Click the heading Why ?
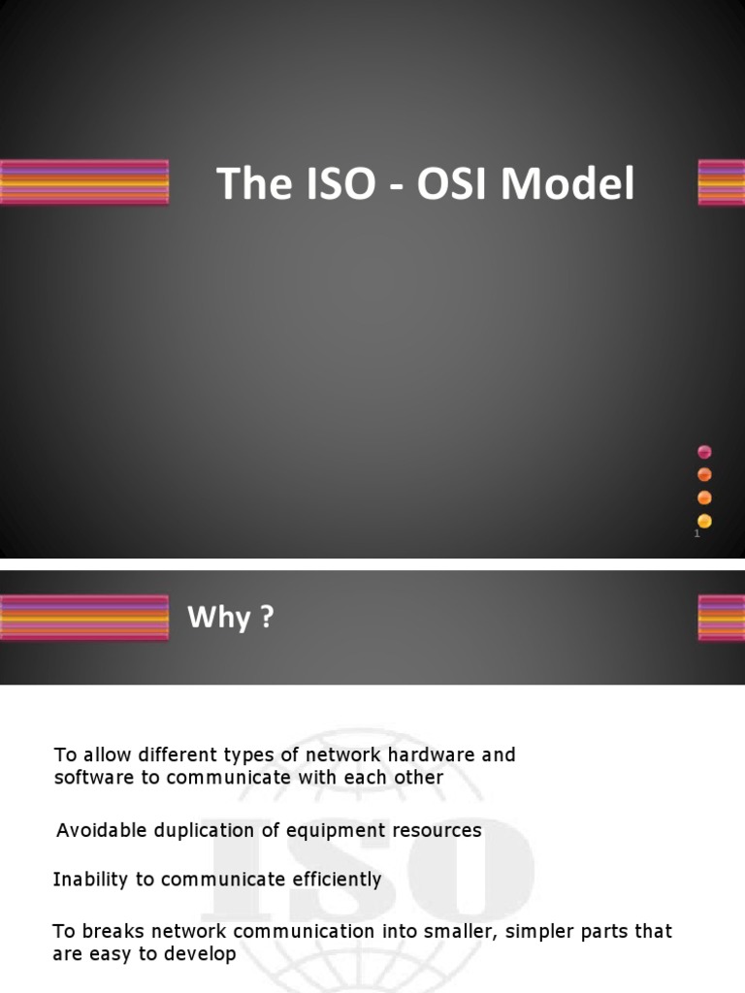[231, 618]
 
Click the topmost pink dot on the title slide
[704, 452]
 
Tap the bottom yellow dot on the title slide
[704, 521]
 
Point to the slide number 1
[696, 533]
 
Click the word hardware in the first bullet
[433, 754]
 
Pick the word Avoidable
[102, 830]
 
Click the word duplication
[204, 830]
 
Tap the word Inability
[89, 880]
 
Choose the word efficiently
[332, 880]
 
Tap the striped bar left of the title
[84, 182]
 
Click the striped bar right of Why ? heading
[721, 618]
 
